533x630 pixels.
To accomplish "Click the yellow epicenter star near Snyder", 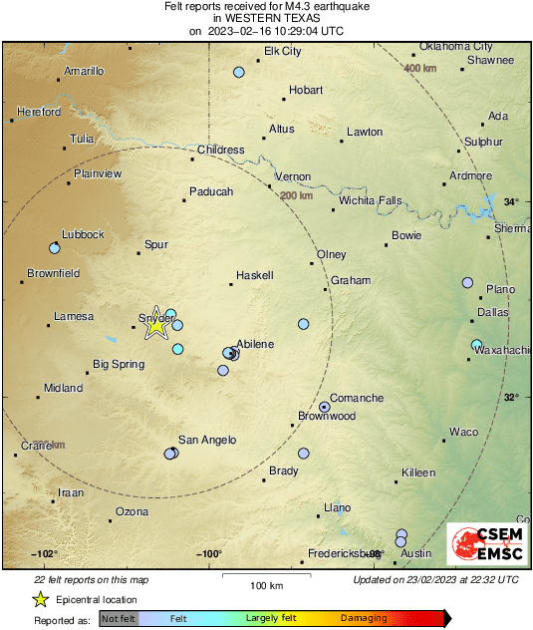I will point(155,324).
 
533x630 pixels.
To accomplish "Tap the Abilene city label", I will point(254,344).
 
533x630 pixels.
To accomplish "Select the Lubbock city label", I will point(83,234).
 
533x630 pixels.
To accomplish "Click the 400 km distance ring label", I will point(419,68).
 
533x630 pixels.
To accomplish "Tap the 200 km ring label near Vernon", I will point(297,195).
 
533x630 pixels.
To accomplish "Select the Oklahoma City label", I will point(455,46).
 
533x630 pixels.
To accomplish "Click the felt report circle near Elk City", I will point(239,72).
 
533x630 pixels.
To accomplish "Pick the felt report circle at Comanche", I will point(325,407).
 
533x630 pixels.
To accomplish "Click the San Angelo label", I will point(206,440).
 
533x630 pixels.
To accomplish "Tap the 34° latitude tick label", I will point(510,202).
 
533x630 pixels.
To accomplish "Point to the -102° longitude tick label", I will point(44,553).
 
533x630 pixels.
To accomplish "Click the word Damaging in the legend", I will point(364,619).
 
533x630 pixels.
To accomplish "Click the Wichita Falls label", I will point(370,200).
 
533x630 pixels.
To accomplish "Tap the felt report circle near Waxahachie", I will point(476,345).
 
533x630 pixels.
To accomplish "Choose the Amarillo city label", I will point(84,71).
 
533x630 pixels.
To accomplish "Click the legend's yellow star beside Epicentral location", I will point(40,600).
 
